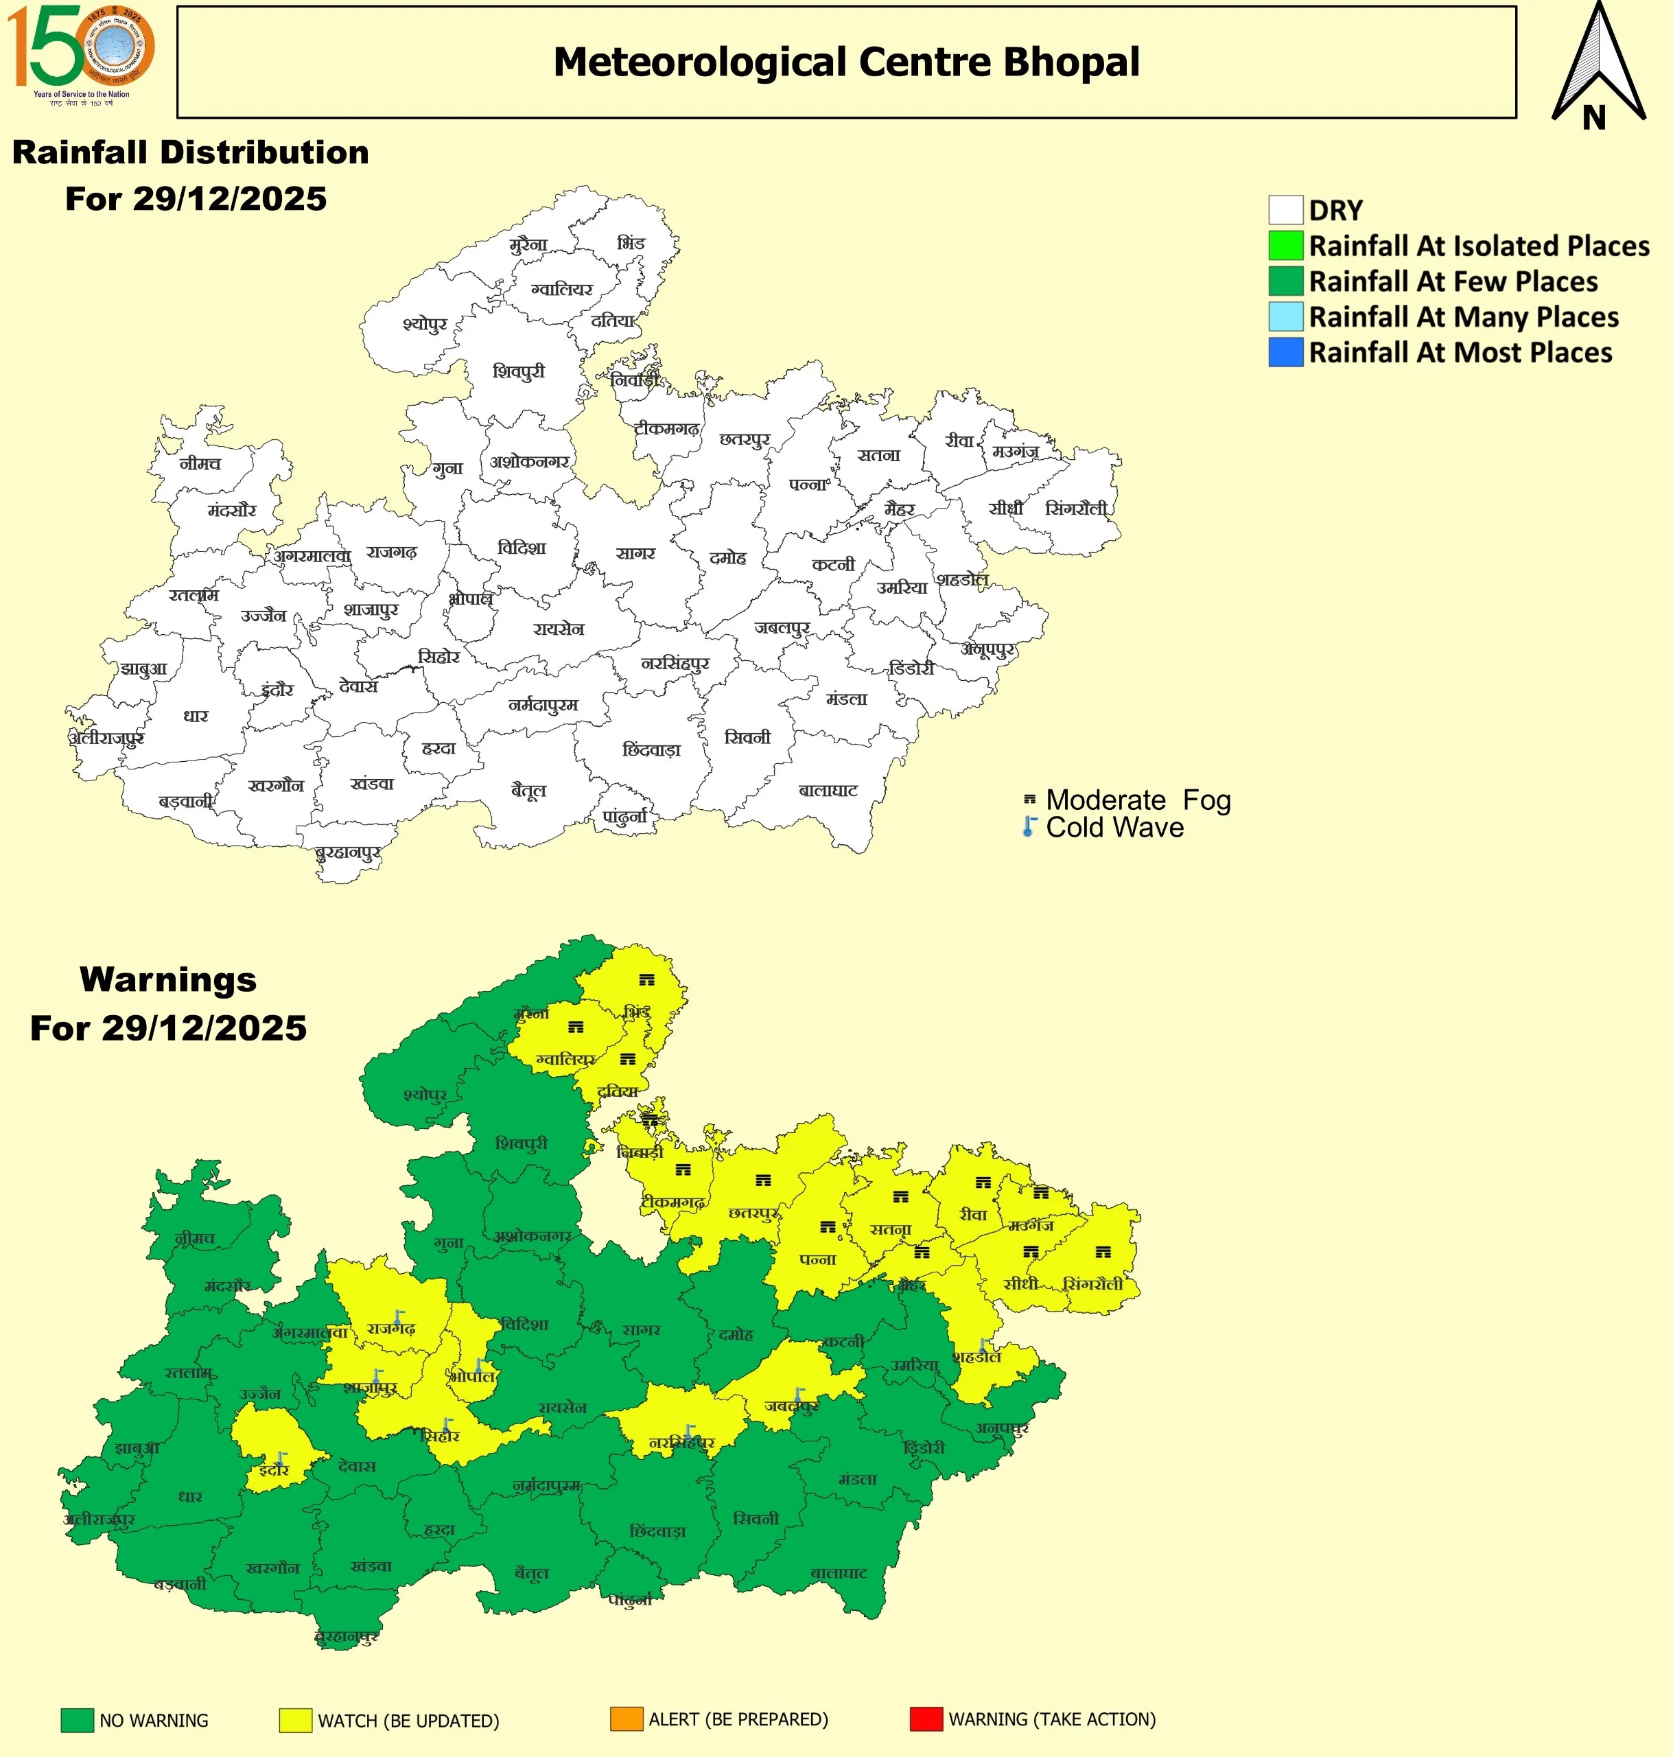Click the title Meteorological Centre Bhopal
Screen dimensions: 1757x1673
845,62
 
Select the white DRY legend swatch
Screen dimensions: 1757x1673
1285,211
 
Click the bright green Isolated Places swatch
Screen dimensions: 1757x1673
1285,246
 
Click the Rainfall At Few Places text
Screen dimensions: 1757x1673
1453,282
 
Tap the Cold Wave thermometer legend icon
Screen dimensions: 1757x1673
1029,827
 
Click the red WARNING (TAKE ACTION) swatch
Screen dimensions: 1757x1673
926,1719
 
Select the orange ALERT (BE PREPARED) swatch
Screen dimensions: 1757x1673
626,1719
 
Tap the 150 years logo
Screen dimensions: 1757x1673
80,54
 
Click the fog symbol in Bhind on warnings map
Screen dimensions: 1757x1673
646,979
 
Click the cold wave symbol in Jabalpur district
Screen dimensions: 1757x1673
799,1395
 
